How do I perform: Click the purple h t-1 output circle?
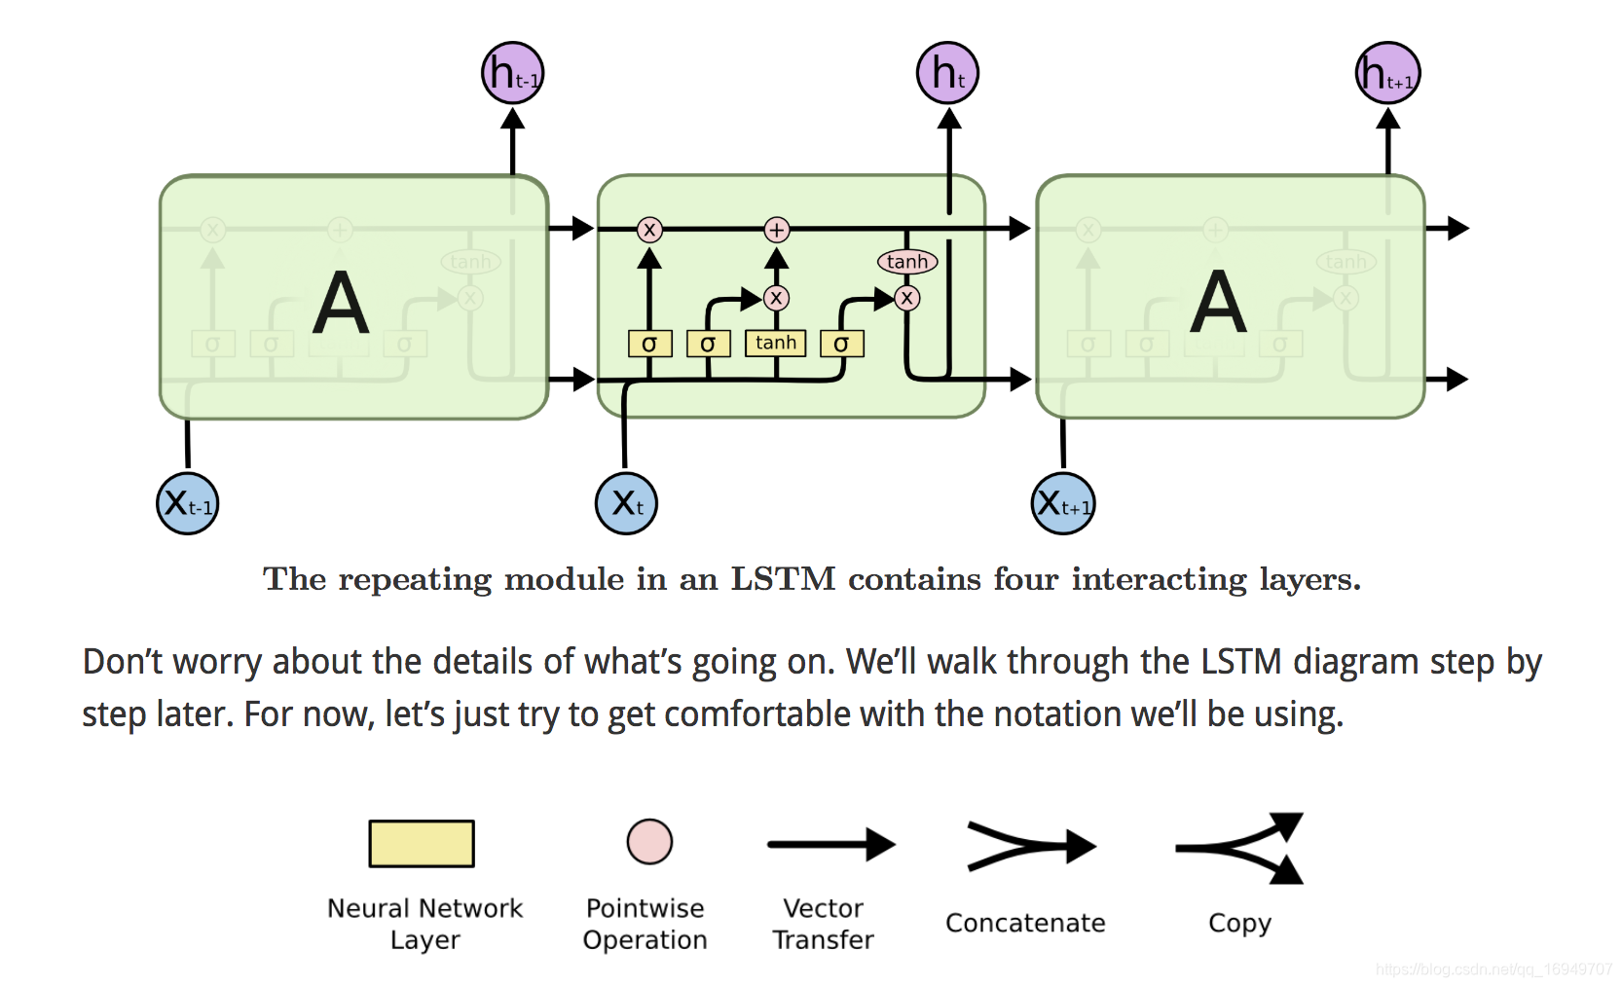click(513, 73)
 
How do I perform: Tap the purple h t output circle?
click(947, 73)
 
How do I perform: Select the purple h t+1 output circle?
click(1388, 73)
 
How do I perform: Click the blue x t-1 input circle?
click(188, 503)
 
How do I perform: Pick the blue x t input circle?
click(627, 503)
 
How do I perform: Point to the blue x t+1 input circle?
click(1063, 503)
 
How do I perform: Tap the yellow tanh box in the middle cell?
click(776, 343)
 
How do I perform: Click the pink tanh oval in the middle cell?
click(907, 262)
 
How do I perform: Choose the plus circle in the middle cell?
click(776, 230)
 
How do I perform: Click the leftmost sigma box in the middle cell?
click(649, 344)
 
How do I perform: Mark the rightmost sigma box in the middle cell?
click(841, 344)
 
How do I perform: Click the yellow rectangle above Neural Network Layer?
click(422, 843)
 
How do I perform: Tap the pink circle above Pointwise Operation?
click(649, 842)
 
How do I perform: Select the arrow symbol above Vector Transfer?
click(829, 844)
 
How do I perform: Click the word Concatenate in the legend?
click(1025, 923)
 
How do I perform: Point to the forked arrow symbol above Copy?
click(1239, 848)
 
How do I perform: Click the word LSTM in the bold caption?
click(783, 579)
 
